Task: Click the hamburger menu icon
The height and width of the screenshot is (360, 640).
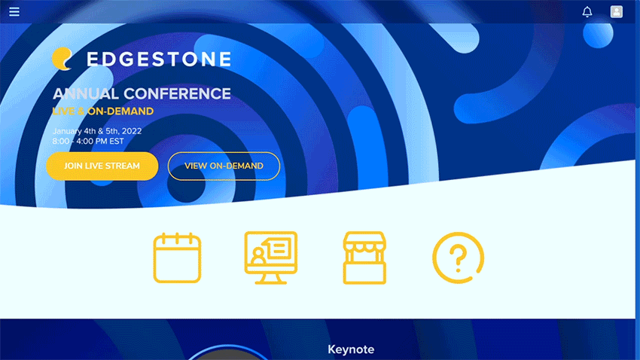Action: [14, 12]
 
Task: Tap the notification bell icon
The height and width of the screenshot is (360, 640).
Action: [587, 12]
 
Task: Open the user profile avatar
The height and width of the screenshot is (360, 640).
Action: [617, 12]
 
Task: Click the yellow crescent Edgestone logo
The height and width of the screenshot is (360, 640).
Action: [62, 59]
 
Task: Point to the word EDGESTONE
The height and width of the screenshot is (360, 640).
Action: [159, 59]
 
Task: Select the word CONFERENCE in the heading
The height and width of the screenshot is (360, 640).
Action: [178, 94]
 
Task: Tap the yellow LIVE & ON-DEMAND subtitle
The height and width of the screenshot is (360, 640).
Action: [103, 111]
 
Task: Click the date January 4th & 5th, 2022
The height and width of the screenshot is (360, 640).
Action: [97, 131]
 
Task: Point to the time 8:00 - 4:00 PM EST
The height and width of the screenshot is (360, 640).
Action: [88, 142]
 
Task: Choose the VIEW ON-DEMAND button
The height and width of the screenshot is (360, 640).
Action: [224, 166]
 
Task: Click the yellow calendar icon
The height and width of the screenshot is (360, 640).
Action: [177, 258]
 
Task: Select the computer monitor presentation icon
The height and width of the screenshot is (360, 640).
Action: [270, 258]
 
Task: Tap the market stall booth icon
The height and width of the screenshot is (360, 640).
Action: [364, 258]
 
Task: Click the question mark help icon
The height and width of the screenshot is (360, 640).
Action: [459, 258]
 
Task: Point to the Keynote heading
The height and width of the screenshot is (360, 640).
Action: [351, 349]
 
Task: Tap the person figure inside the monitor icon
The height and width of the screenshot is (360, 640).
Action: [258, 256]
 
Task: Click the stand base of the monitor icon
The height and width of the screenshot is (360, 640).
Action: [270, 279]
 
